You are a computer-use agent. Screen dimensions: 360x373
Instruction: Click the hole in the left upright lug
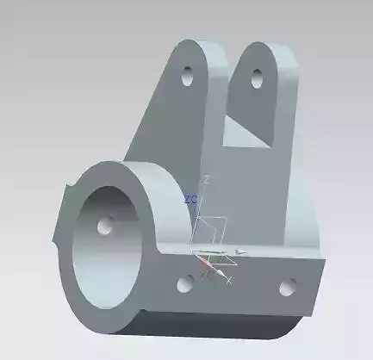click(x=187, y=78)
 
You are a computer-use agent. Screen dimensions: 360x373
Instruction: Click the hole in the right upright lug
click(x=257, y=78)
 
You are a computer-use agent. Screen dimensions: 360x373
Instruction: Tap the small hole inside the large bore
click(x=106, y=226)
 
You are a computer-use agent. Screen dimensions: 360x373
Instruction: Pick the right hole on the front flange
click(x=288, y=286)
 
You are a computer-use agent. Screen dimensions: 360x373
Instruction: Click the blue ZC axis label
click(x=190, y=199)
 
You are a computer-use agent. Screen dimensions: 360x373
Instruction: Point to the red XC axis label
click(x=207, y=274)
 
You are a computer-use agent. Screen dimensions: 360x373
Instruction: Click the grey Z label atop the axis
click(x=207, y=178)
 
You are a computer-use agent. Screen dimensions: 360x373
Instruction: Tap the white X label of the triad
click(x=230, y=282)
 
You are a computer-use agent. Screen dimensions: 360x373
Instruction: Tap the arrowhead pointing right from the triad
click(x=242, y=252)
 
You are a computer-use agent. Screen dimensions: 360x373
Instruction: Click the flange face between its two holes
click(x=237, y=289)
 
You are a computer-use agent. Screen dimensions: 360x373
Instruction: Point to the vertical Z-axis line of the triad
click(x=204, y=215)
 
